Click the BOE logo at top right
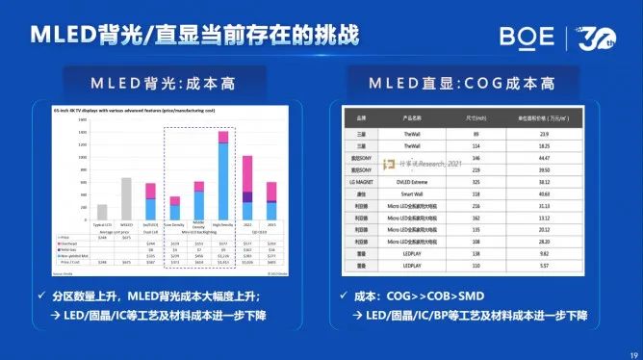pos(527,37)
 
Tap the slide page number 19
pos(628,351)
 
